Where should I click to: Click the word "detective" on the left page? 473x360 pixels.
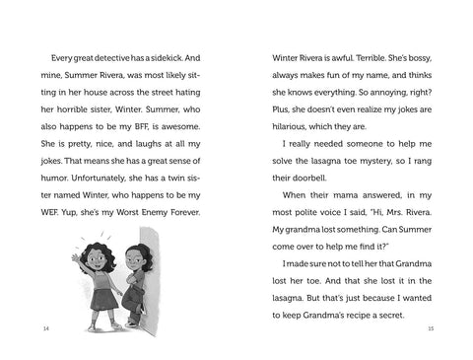[122, 57]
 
